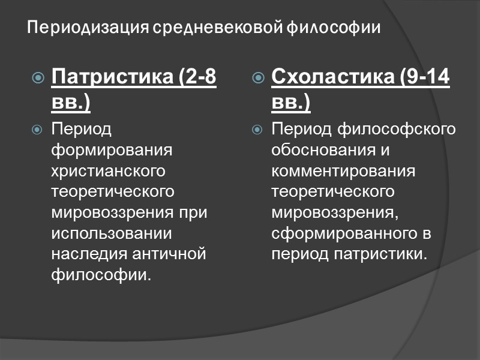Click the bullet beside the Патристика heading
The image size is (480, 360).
point(37,78)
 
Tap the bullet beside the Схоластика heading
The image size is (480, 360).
point(257,78)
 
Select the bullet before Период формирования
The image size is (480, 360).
point(37,130)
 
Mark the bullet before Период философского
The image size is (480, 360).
point(257,130)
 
